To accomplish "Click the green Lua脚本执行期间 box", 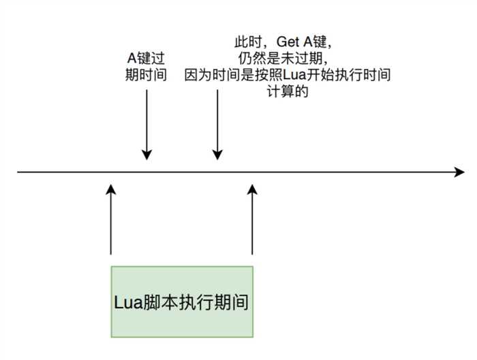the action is [x=182, y=301].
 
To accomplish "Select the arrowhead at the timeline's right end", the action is [x=460, y=172].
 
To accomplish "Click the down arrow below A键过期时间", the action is [x=147, y=125].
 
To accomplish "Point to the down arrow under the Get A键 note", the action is [x=217, y=125].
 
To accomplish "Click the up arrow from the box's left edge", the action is [x=110, y=220].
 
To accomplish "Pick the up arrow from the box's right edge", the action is [x=252, y=220].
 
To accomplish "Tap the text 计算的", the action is [x=288, y=91].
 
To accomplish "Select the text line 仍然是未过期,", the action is [x=283, y=59].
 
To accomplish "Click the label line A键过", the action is [x=146, y=58].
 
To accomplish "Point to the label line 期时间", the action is [x=146, y=75].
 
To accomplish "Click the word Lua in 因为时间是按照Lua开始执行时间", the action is [x=294, y=75].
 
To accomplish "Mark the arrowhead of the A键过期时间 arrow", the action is [x=147, y=155].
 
